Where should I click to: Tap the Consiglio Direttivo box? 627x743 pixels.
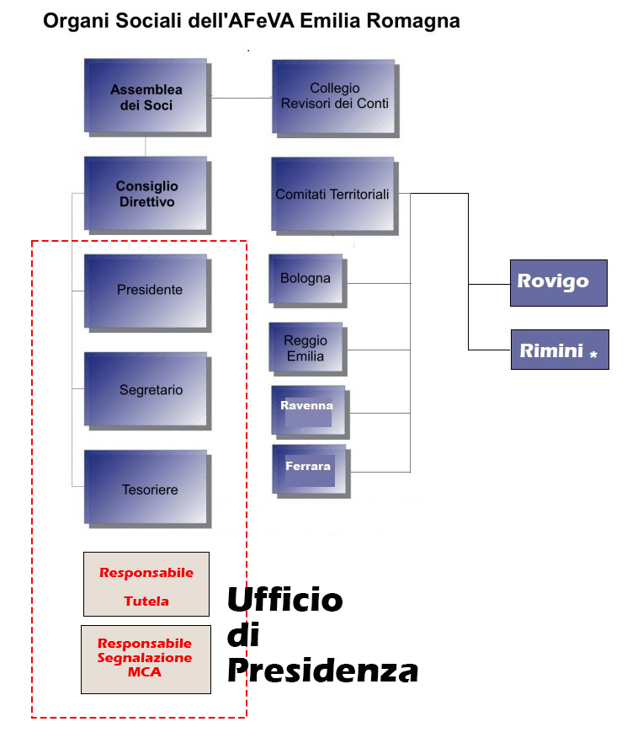coord(146,193)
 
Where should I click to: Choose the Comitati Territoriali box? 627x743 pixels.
coord(333,194)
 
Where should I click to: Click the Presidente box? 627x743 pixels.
coord(146,290)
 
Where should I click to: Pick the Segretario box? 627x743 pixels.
coord(146,389)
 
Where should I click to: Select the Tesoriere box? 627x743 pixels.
coord(146,489)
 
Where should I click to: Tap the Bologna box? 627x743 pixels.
coord(306,278)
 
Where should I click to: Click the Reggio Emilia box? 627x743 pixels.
coord(306,347)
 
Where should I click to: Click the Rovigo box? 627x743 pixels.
coord(559,282)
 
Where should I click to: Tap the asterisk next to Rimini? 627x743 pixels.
coord(593,355)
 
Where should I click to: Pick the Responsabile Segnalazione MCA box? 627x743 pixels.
coord(146,659)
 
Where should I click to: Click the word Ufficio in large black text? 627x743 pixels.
coord(285,600)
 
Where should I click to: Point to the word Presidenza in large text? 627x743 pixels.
coord(323,671)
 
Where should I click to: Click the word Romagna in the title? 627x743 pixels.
coord(412,21)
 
